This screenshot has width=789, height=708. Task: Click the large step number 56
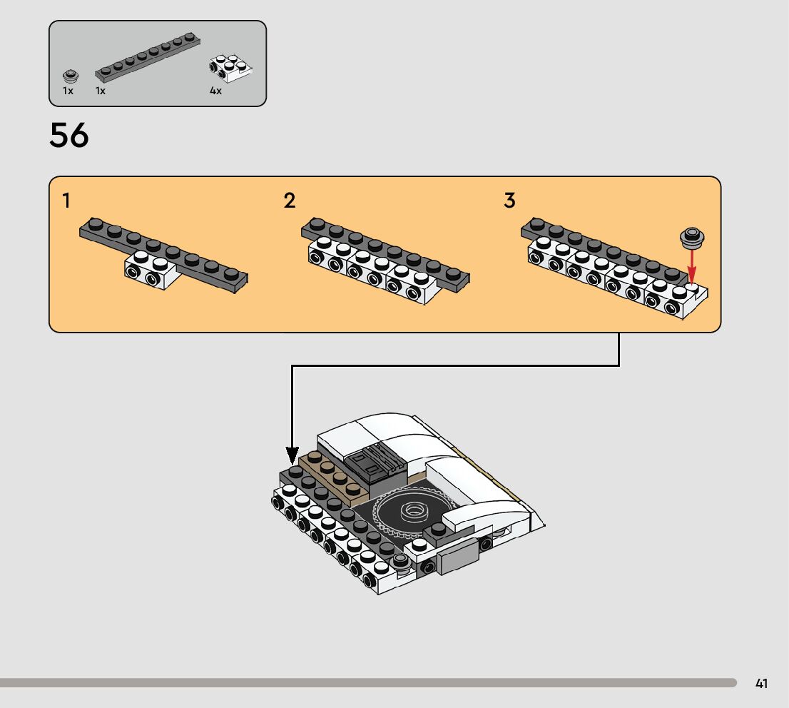pos(69,136)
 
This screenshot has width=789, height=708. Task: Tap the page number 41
pos(762,684)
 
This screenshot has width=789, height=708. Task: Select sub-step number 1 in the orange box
pos(66,201)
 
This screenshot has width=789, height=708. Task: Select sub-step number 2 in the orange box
pos(289,201)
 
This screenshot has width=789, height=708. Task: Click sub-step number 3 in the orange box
pos(509,201)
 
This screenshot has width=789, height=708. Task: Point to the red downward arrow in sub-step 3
pos(691,268)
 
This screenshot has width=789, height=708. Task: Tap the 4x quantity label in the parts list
pos(215,91)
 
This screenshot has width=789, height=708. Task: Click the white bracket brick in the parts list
pos(230,68)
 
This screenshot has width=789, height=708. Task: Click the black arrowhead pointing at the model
pos(292,455)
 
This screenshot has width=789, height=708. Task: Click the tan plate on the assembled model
pos(335,475)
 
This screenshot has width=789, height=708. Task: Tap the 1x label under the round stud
pos(68,91)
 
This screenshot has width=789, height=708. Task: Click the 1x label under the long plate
pos(101,91)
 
